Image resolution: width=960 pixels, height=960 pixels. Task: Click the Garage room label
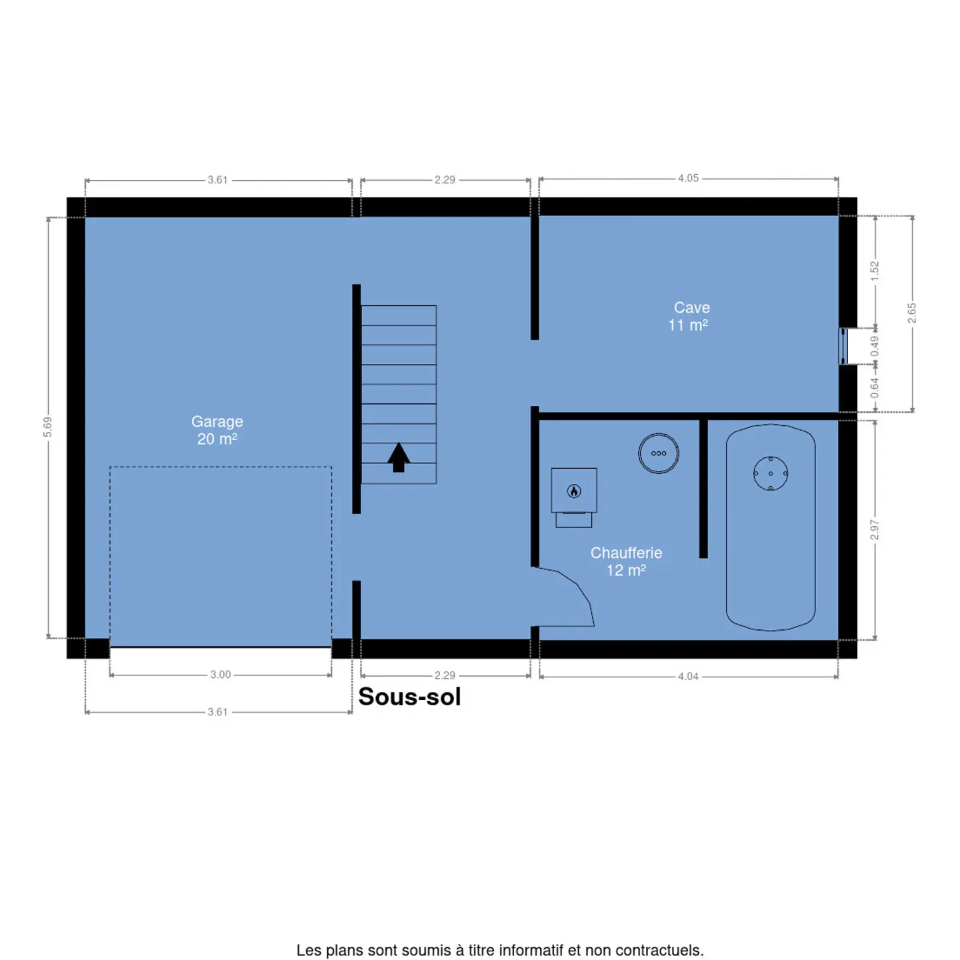(217, 430)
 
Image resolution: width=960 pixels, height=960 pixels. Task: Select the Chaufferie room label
(626, 561)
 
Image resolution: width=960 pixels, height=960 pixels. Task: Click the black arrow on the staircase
(399, 457)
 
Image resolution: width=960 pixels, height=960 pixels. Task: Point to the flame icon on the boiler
(573, 491)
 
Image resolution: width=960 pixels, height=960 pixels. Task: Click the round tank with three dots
(658, 453)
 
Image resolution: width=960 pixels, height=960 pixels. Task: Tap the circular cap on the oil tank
(770, 473)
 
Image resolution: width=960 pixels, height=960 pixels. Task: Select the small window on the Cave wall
(843, 346)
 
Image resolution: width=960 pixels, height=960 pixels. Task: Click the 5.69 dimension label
(47, 427)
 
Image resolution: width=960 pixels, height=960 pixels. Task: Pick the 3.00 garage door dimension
(220, 674)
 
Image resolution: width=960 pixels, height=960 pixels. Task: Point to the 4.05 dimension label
(688, 178)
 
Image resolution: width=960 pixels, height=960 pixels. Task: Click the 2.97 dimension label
(874, 529)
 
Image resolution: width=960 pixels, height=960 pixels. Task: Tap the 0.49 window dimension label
(874, 346)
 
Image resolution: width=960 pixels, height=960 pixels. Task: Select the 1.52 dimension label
(874, 271)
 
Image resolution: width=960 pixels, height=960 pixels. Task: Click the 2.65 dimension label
(912, 313)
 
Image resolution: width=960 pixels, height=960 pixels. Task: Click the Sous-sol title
(409, 696)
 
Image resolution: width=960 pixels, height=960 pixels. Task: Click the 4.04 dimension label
(688, 676)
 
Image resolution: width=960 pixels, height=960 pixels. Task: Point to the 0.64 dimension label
(874, 388)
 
